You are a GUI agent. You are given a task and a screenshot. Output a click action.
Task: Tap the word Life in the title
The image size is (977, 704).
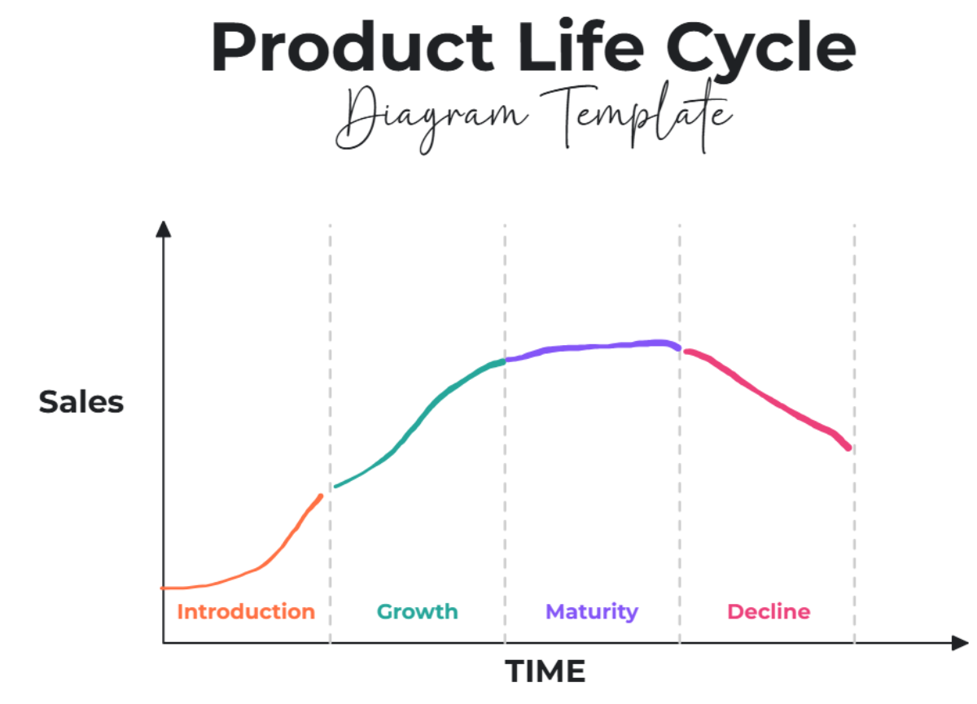point(581,46)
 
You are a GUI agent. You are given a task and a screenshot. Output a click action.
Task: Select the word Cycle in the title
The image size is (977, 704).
point(760,51)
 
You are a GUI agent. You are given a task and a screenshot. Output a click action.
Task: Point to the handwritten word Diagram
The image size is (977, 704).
point(432,119)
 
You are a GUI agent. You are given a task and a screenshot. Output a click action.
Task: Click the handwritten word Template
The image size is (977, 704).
point(637,115)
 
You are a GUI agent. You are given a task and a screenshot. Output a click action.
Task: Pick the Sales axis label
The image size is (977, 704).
point(81,401)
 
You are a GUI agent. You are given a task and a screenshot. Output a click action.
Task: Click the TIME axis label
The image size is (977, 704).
point(545,671)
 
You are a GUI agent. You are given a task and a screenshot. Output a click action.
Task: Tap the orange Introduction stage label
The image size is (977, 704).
point(246,611)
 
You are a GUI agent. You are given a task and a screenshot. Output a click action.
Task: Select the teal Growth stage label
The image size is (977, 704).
point(418,611)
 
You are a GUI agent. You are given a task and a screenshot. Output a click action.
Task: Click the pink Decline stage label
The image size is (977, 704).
point(769,611)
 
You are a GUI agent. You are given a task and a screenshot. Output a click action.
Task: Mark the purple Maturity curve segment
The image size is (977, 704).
point(594,347)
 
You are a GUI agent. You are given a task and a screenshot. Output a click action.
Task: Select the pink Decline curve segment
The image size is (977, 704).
point(768,396)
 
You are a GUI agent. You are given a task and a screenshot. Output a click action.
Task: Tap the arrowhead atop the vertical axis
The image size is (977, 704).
point(164,230)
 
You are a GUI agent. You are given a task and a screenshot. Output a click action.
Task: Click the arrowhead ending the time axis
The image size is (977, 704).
point(960,643)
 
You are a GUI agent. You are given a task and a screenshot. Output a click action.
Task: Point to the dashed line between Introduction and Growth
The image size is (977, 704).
point(331,434)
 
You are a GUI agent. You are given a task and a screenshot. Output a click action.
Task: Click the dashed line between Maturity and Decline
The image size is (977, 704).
point(680,434)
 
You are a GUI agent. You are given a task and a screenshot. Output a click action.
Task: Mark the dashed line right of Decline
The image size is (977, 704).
point(854,434)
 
